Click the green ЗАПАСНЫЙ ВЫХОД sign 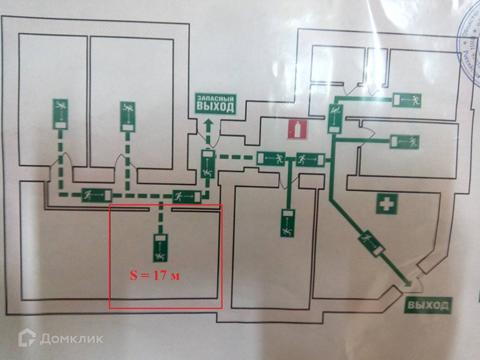point(215,104)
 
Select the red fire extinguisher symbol point(297,129)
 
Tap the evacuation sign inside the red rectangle point(160,247)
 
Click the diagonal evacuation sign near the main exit point(372,244)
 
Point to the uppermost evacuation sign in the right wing point(408,100)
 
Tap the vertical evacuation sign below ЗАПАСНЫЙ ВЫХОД point(207,163)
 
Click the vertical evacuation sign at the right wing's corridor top point(334,118)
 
